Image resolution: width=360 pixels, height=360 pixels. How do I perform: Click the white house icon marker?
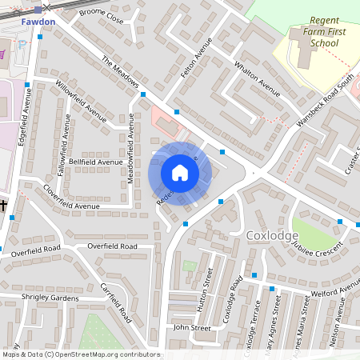[179, 173]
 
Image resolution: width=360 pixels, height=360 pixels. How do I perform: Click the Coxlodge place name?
[272, 235]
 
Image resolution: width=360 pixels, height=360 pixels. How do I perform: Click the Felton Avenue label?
[195, 61]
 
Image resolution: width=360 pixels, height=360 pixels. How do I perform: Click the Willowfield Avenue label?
[82, 102]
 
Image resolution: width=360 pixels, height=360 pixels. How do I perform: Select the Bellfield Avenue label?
[95, 162]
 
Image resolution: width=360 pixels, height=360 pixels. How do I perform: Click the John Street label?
[192, 327]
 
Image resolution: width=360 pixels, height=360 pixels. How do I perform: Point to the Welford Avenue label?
[336, 290]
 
